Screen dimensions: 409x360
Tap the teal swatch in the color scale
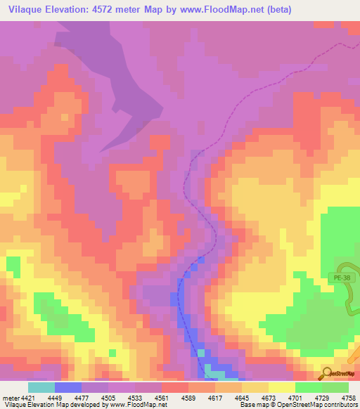pos(41,387)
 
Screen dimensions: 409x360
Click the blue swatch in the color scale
pos(68,387)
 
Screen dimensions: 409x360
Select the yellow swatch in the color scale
pos(282,387)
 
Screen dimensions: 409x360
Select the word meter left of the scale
pos(11,398)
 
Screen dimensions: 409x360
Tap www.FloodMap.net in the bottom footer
pos(137,405)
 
